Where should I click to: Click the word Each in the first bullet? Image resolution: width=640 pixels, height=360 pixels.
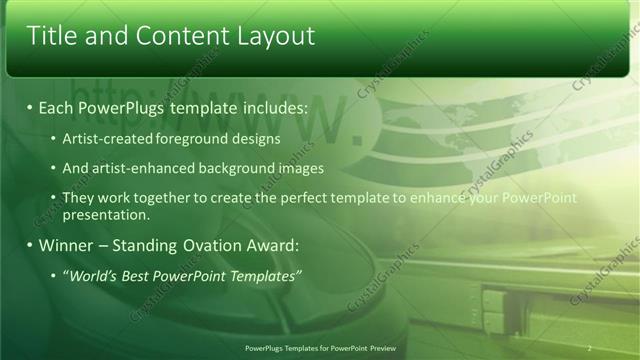(55, 106)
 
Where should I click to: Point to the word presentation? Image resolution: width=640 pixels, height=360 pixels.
(106, 214)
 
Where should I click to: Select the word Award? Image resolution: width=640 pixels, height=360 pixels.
(270, 245)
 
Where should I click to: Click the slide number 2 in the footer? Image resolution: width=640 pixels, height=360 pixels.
(590, 347)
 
